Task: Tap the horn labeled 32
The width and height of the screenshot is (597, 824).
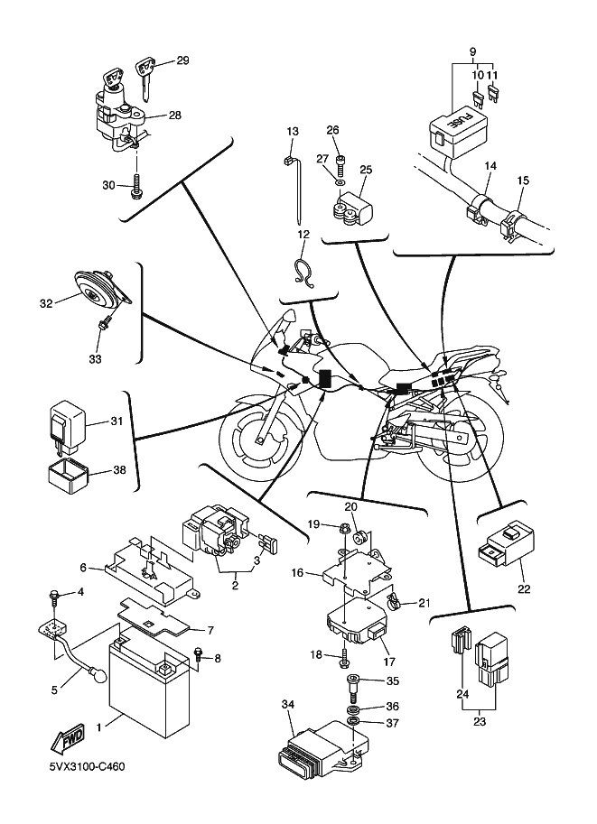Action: coord(94,286)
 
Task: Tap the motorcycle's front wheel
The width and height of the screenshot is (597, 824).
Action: coord(263,441)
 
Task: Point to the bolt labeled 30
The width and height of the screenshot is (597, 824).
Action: coord(136,188)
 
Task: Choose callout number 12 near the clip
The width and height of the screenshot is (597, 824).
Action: coord(304,235)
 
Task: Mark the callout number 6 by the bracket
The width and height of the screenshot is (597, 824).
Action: coord(83,569)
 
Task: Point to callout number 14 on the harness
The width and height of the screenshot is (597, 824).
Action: coord(489,165)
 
